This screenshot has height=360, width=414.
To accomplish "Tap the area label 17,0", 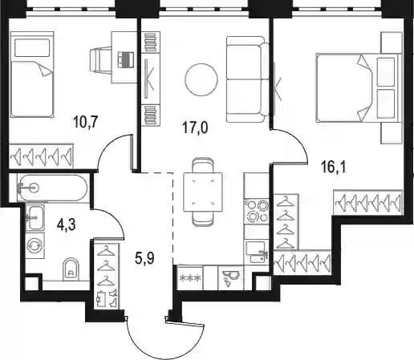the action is pyautogui.click(x=195, y=127).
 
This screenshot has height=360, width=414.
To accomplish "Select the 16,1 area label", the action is pyautogui.click(x=333, y=168).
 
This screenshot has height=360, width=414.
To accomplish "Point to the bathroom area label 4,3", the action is pyautogui.click(x=67, y=224).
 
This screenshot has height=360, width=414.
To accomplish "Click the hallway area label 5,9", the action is pyautogui.click(x=144, y=258).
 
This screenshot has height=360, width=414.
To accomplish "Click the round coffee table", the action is pyautogui.click(x=201, y=79).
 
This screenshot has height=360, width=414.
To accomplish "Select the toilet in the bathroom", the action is pyautogui.click(x=71, y=269).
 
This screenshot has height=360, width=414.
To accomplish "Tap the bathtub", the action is pyautogui.click(x=52, y=188).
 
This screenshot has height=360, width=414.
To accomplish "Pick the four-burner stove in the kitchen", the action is pyautogui.click(x=256, y=212).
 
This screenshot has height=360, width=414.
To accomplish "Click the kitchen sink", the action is pyautogui.click(x=256, y=252).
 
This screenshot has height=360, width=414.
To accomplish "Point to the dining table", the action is pyautogui.click(x=203, y=192).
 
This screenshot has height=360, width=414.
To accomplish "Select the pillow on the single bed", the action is pyautogui.click(x=32, y=48).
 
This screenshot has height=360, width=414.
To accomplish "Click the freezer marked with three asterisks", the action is pyautogui.click(x=190, y=278).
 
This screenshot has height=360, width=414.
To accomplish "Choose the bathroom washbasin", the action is pyautogui.click(x=34, y=217).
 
